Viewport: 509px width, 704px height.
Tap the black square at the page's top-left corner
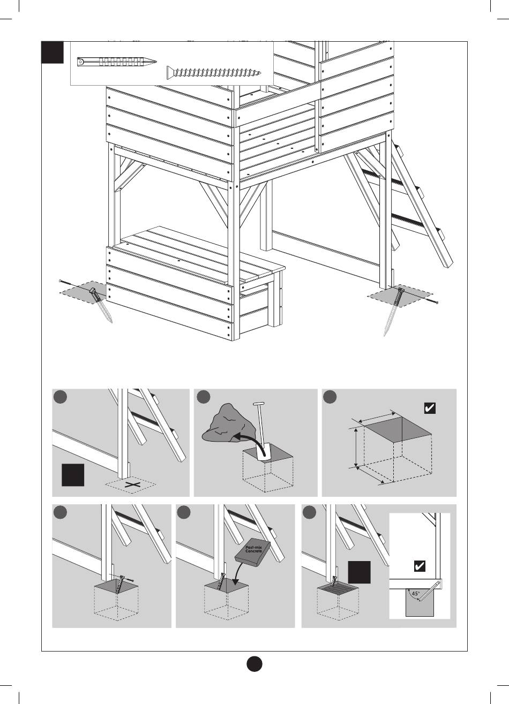pos(53,51)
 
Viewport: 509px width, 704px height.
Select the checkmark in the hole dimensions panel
pos(429,408)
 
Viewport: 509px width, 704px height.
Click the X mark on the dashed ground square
pos(131,485)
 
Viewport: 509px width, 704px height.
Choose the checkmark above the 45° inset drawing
pos(421,566)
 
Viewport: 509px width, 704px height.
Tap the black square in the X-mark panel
pos(73,475)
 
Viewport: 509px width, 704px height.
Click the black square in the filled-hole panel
pos(358,572)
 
